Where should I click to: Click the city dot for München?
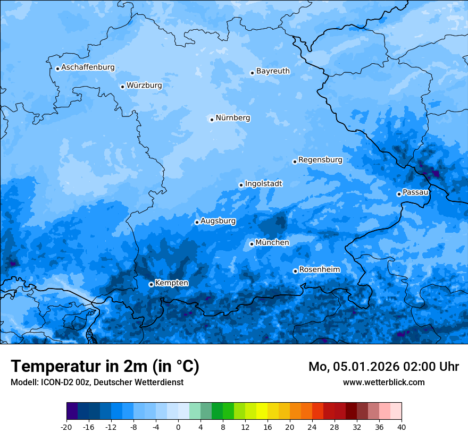(252, 244)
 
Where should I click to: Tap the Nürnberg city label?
(232, 118)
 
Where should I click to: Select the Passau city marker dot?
(399, 194)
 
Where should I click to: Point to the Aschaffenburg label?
(88, 67)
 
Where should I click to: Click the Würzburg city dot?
(122, 87)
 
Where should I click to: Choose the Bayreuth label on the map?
(273, 71)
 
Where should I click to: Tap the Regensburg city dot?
(295, 162)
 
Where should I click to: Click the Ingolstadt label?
(263, 184)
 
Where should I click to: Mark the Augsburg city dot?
(197, 222)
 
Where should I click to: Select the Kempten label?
(171, 283)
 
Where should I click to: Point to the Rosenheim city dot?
(295, 272)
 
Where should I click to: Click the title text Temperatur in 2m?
(105, 366)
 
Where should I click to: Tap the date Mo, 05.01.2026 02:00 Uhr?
(383, 367)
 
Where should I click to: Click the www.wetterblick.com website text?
(383, 382)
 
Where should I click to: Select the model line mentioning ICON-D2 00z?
(97, 382)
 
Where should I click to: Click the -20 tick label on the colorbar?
(66, 427)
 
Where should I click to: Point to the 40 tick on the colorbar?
(402, 427)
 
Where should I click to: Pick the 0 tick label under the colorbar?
(178, 427)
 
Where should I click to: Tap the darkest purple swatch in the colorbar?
(72, 411)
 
